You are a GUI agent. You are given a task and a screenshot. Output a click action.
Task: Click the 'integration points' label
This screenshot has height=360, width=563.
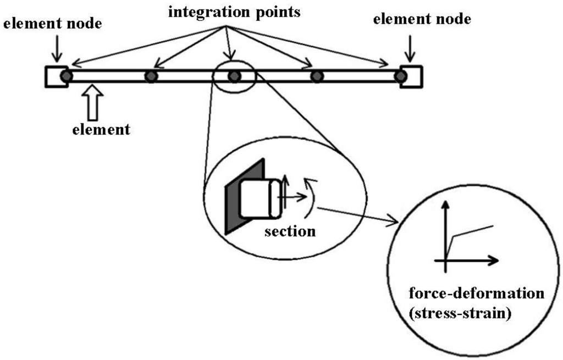click(234, 12)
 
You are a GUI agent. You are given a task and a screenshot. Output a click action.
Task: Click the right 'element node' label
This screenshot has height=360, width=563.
click(422, 20)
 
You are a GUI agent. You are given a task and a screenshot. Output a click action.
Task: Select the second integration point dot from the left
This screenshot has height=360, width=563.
click(151, 76)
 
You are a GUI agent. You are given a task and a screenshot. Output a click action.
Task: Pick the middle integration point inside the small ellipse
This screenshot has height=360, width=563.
click(234, 76)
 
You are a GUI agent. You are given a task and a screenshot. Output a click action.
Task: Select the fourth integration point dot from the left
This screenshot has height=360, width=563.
click(317, 76)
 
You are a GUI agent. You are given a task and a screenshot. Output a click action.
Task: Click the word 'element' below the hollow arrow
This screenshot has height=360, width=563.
click(101, 130)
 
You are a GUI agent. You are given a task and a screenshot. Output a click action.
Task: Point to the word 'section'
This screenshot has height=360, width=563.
click(290, 231)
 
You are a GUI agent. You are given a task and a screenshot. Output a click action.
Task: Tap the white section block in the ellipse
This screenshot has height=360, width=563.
click(256, 198)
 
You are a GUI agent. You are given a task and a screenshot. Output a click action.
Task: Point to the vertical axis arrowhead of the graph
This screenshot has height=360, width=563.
click(445, 206)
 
